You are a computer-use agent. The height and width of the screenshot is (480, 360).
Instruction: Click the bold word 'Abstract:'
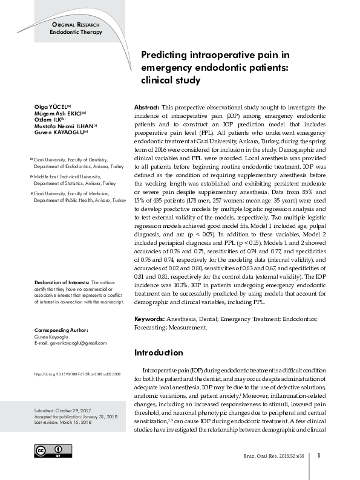tap(146, 106)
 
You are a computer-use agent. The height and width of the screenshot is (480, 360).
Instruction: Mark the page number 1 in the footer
tap(319, 455)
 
